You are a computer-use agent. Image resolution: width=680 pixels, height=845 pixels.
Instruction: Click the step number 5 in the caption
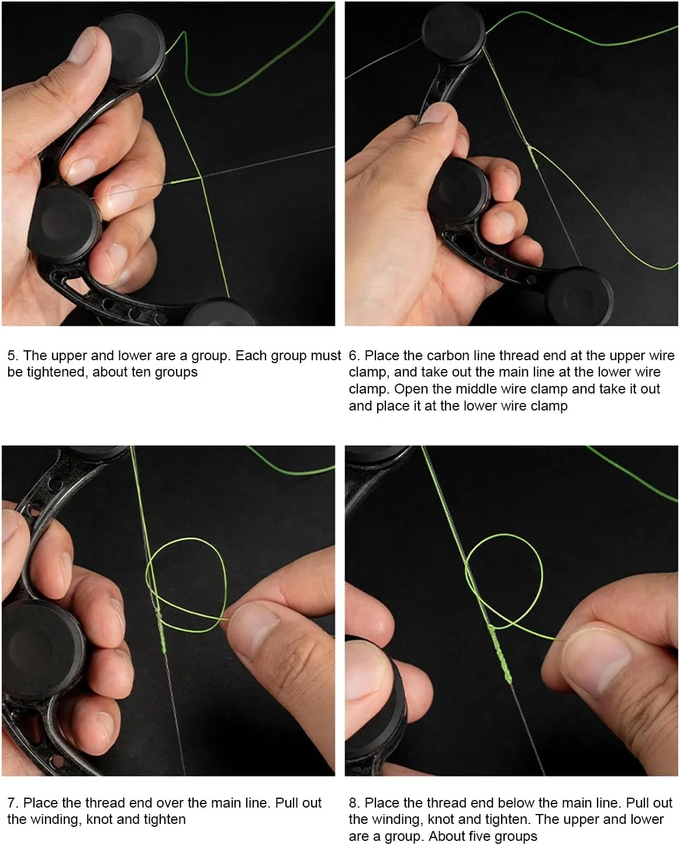pos(11,356)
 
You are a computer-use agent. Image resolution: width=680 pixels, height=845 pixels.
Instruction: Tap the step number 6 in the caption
pos(353,356)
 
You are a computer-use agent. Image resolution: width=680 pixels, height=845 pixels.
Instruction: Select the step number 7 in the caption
pos(11,803)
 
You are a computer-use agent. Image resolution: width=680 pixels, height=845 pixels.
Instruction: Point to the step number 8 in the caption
pos(353,803)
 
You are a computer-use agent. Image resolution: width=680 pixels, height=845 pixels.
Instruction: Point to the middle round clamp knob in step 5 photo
pos(65,224)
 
